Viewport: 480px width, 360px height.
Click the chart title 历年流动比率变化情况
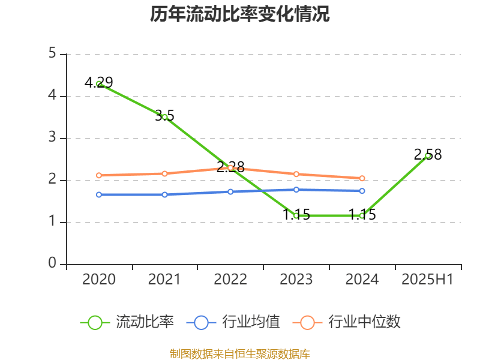(240, 14)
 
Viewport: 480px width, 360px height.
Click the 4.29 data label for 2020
(98, 83)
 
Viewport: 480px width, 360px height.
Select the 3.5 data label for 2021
(164, 116)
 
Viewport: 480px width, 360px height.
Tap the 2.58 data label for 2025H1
(428, 155)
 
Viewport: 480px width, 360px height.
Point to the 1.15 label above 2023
(296, 215)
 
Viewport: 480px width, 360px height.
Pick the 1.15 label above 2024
(362, 215)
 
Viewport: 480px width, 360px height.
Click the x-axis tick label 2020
(99, 280)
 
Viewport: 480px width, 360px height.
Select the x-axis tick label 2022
(230, 280)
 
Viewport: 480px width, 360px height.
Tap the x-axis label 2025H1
(427, 280)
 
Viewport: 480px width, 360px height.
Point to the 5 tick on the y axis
(53, 54)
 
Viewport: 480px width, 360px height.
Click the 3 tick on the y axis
(53, 138)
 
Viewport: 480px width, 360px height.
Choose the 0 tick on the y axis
(53, 264)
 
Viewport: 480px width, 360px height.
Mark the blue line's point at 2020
(99, 194)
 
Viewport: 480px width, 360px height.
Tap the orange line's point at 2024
(362, 178)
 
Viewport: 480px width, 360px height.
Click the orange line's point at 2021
(164, 173)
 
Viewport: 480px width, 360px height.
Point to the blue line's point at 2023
(296, 190)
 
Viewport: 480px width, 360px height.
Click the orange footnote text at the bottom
(240, 353)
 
